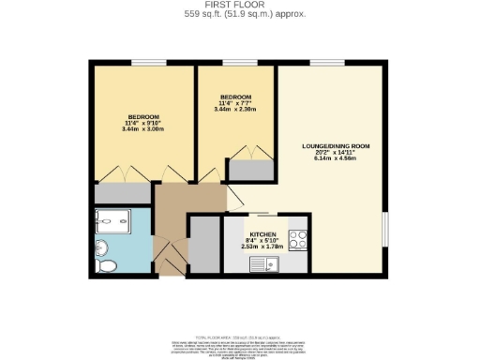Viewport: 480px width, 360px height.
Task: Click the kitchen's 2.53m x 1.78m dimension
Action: [x=262, y=248]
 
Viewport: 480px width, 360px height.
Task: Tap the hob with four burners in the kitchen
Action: [x=298, y=240]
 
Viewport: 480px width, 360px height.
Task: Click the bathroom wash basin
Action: [x=101, y=247]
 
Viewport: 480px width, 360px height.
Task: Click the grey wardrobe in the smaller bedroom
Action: [x=250, y=171]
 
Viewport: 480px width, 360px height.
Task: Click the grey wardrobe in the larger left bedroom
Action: [x=123, y=193]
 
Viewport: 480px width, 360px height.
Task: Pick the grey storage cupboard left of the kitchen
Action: [x=203, y=245]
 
